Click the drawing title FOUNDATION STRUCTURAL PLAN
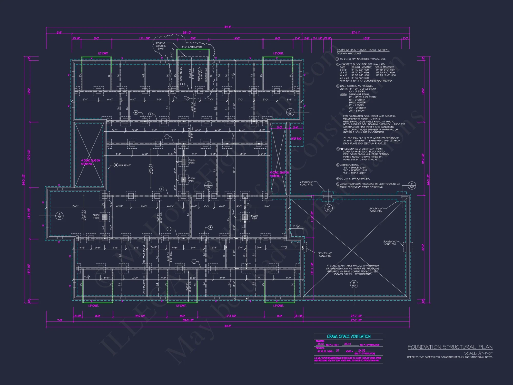coord(450,347)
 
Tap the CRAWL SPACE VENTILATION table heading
coord(349,336)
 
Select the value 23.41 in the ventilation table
coord(348,344)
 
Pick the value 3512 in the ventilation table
coord(321,344)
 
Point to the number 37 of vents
coord(338,351)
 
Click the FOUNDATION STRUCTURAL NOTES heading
coord(363,50)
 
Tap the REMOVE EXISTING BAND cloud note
coord(161,46)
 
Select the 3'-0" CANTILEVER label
coord(192,47)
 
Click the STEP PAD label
coord(296,139)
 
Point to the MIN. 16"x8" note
coord(125,165)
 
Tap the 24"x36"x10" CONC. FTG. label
coord(307,183)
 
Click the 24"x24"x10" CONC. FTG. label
coord(376,210)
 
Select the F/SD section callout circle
coord(412,185)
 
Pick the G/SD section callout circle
coord(329,208)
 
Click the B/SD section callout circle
coord(354,284)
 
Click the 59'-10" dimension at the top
coord(187,33)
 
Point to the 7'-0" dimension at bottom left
coord(60,320)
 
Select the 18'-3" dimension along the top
coord(366,38)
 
